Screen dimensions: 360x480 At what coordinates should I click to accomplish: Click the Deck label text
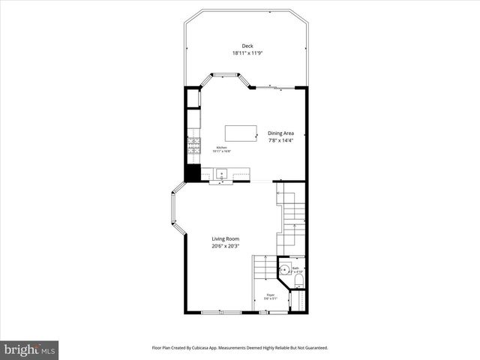pos(247,46)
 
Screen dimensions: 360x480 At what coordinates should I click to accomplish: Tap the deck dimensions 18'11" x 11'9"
pos(247,53)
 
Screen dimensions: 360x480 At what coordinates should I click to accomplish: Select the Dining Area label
pos(281,133)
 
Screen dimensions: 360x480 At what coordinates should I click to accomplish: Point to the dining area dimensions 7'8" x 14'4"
pos(281,141)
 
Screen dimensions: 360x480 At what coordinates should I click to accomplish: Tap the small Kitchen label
pos(222,148)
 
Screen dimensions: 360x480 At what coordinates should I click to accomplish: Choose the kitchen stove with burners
pos(193,144)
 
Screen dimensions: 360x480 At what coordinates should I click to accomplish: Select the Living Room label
pos(224,239)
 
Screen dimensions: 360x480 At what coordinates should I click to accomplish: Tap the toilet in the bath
pos(298,280)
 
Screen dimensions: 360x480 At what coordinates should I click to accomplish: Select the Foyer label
pos(270,295)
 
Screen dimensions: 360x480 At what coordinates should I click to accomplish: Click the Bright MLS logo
pos(29,349)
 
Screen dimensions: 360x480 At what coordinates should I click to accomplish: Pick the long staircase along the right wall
pos(293,217)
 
